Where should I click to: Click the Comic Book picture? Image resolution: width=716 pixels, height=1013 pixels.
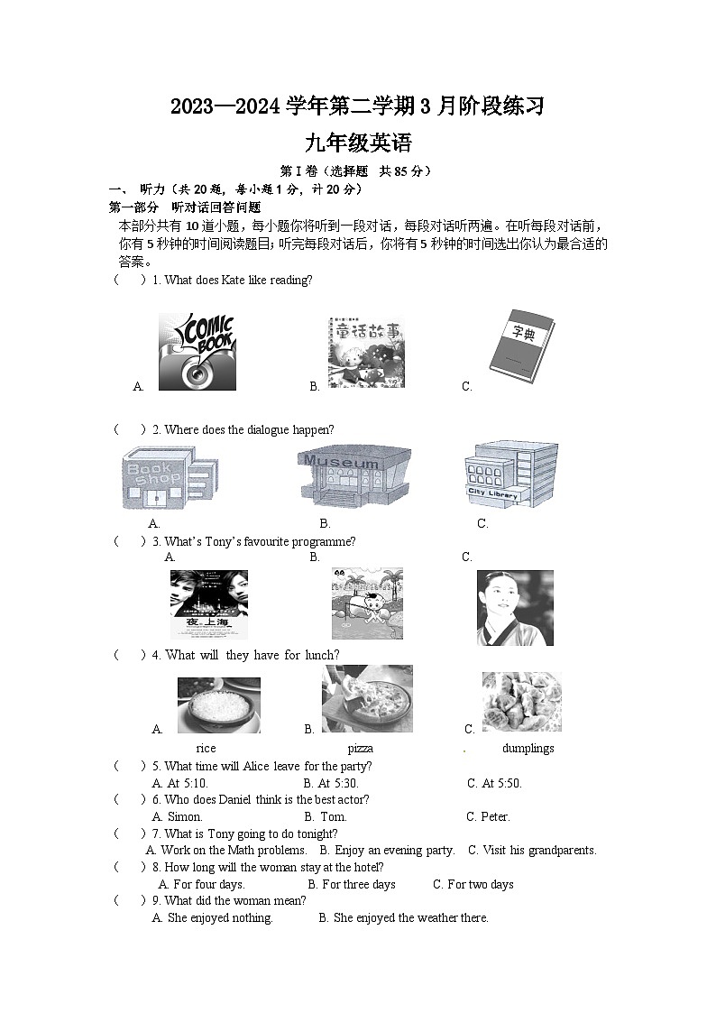[197, 351]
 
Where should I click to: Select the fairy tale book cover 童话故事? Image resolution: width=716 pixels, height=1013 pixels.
[366, 354]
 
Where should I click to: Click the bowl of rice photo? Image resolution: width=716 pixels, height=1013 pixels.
[218, 704]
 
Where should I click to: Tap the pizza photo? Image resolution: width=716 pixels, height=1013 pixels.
[367, 699]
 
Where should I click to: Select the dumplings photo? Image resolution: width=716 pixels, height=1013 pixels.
[521, 702]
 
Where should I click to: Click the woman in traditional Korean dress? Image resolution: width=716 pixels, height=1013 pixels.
[514, 607]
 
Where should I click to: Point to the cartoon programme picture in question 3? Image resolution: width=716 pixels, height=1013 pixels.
[367, 603]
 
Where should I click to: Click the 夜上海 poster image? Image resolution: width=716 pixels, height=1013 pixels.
[208, 604]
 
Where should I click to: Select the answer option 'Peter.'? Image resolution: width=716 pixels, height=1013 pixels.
[488, 816]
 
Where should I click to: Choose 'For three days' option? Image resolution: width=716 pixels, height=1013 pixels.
[352, 884]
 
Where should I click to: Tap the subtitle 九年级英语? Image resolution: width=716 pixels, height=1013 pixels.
[358, 143]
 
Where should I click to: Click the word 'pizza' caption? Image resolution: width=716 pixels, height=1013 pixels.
[360, 748]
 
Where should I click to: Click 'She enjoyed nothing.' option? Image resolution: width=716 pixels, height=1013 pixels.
[213, 917]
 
